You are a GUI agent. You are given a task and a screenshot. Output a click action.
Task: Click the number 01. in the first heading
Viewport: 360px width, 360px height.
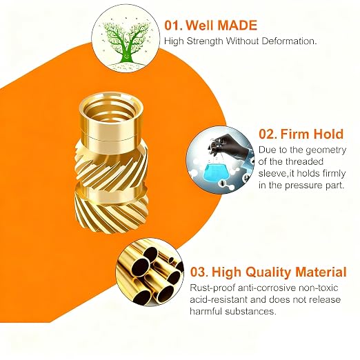174,25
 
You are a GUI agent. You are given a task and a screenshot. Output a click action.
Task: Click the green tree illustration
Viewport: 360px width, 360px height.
126,43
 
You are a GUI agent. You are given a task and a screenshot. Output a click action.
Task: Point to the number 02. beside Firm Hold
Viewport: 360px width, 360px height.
268,134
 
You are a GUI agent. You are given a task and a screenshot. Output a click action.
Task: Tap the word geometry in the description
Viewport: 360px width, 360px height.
326,151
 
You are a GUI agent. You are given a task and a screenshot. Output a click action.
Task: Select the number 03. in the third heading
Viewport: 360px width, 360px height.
199,272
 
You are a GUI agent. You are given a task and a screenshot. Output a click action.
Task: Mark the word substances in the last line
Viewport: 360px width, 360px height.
251,312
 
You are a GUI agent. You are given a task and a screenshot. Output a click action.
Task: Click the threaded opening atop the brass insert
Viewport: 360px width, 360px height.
111,109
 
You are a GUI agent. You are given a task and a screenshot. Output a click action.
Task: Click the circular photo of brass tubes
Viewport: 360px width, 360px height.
150,272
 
